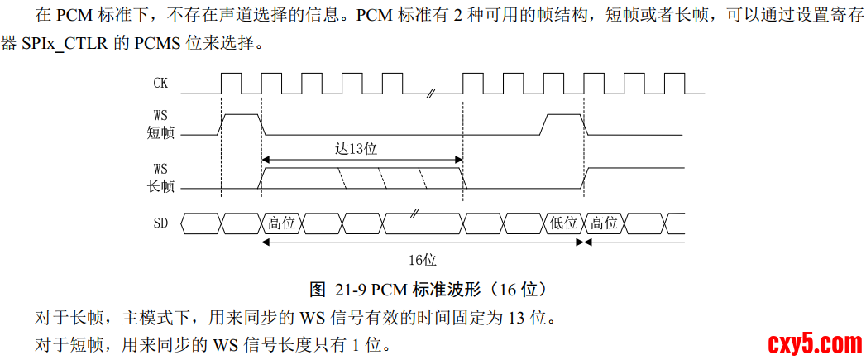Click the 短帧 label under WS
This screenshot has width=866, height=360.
coord(160,131)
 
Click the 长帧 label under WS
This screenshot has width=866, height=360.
coord(160,185)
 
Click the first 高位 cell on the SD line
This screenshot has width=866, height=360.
coord(282,223)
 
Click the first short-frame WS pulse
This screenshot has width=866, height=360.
coord(241,123)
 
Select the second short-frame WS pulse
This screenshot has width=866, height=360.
coord(563,123)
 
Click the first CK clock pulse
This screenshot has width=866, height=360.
coord(231,82)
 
